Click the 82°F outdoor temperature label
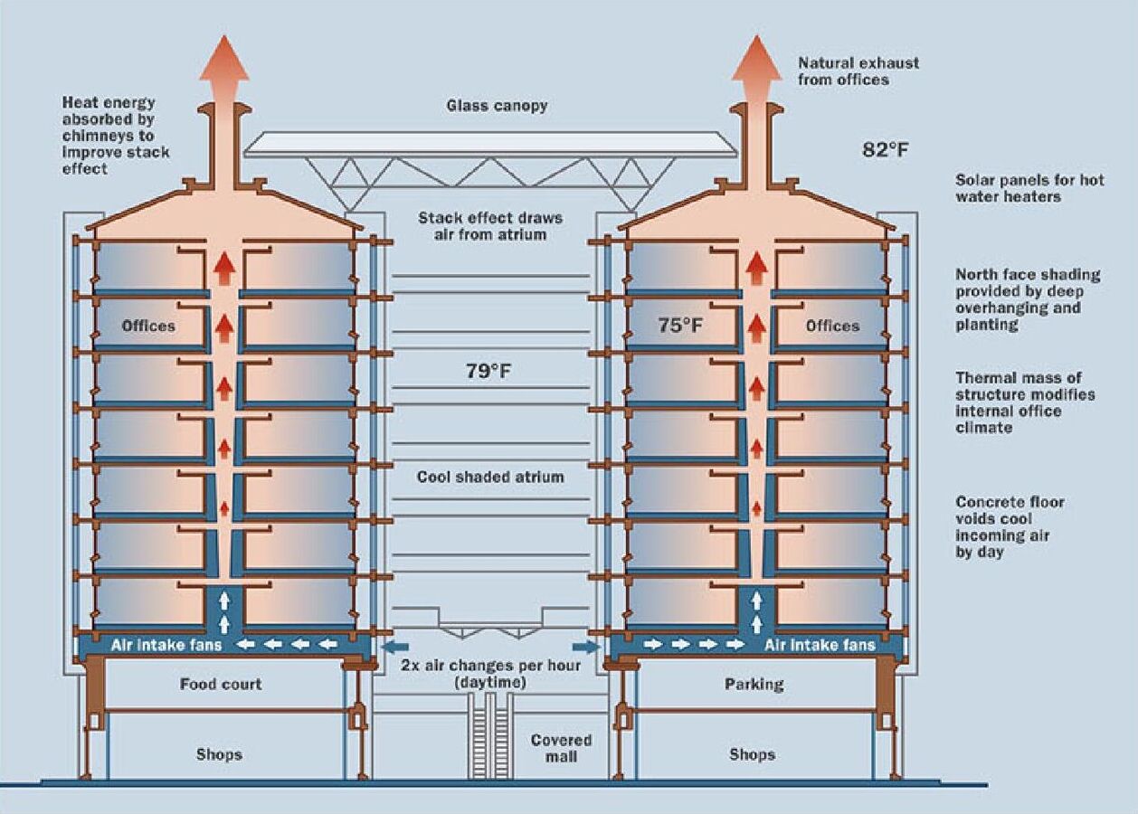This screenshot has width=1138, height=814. click(884, 149)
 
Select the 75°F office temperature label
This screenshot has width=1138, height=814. click(680, 326)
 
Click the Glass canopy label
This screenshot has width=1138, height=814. click(497, 106)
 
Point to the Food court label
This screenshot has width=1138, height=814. click(221, 684)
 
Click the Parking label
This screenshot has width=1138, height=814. click(754, 684)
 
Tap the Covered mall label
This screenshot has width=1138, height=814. click(561, 748)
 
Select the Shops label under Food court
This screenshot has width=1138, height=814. click(219, 754)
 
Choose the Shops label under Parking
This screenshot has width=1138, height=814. click(752, 754)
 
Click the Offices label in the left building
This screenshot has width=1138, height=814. click(148, 326)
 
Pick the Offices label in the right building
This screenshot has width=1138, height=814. click(831, 326)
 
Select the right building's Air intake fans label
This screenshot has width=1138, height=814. click(820, 645)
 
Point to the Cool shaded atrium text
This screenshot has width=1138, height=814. click(489, 477)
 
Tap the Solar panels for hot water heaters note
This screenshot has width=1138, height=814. click(1029, 188)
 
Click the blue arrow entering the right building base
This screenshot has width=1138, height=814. click(586, 646)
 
